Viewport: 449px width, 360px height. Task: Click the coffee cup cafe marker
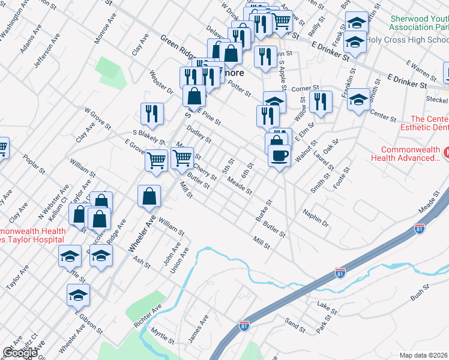click(x=279, y=156)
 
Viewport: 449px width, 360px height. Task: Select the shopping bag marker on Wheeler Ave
click(x=149, y=196)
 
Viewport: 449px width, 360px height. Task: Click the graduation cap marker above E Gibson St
click(x=78, y=295)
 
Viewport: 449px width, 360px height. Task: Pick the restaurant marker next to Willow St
click(x=322, y=102)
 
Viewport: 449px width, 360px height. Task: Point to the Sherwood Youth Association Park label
click(x=418, y=23)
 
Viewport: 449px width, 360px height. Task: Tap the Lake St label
click(x=324, y=307)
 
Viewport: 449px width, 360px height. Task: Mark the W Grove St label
click(x=97, y=119)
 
